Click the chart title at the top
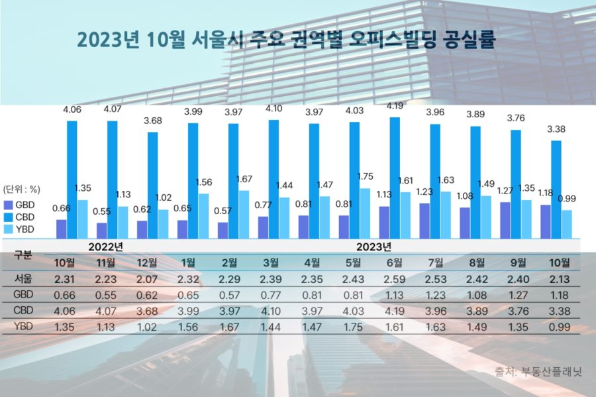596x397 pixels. [287, 39]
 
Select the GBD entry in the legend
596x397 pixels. [20, 205]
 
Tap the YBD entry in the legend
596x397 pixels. [20, 229]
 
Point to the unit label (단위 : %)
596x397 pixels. [23, 188]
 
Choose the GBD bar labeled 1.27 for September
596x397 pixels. [505, 220]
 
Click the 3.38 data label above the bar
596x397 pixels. [557, 129]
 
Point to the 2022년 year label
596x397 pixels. [106, 247]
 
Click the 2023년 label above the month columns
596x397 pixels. [373, 247]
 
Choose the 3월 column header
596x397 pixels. [273, 262]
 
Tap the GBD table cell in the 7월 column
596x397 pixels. [435, 295]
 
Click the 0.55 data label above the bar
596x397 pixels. [102, 211]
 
